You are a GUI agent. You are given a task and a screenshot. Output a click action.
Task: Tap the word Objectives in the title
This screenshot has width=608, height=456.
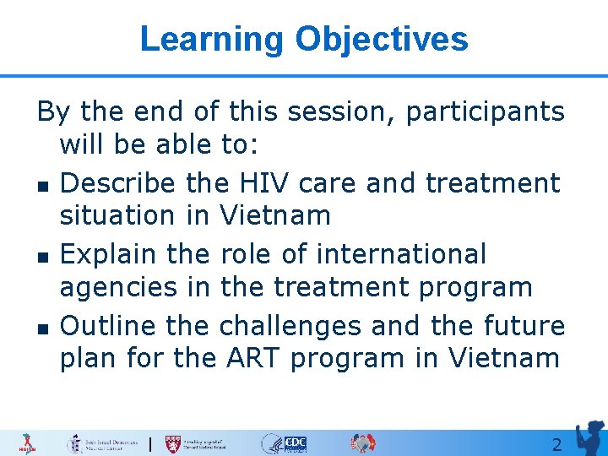(382, 40)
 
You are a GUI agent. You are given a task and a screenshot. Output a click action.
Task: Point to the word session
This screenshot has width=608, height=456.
(339, 111)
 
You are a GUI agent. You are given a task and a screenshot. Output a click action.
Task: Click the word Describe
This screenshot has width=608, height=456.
(118, 182)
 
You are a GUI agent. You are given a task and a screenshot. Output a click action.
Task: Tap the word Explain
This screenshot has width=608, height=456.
(110, 253)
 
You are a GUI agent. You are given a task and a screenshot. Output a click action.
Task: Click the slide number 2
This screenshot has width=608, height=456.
(556, 444)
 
